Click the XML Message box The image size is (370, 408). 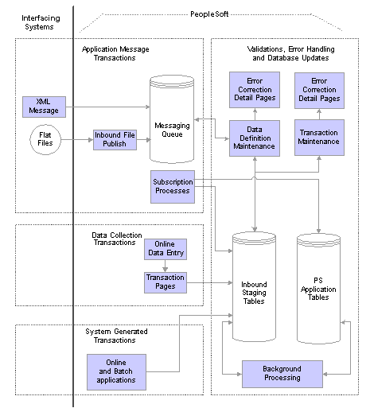coord(44,107)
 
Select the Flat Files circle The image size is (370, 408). coord(45,139)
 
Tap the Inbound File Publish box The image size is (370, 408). coord(115,140)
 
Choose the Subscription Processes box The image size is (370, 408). coord(173,187)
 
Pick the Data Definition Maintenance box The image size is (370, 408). coord(255,138)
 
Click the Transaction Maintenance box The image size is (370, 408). coord(319,138)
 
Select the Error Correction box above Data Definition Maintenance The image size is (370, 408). coord(255,90)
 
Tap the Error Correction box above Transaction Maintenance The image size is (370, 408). coord(319,91)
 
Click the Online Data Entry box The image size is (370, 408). coord(166,249)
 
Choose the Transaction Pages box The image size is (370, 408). coord(166,282)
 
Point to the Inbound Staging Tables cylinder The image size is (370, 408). coord(254,286)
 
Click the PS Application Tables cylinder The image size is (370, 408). coord(318,289)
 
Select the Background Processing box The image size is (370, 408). coord(282,374)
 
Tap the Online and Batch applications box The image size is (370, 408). coord(116,372)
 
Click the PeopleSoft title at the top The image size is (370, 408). coord(209,14)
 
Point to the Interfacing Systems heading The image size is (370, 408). coord(41,22)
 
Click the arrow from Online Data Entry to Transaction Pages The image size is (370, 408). coord(166,266)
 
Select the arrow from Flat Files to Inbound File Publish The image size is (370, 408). coord(77,140)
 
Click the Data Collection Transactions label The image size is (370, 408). coord(117,239)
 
